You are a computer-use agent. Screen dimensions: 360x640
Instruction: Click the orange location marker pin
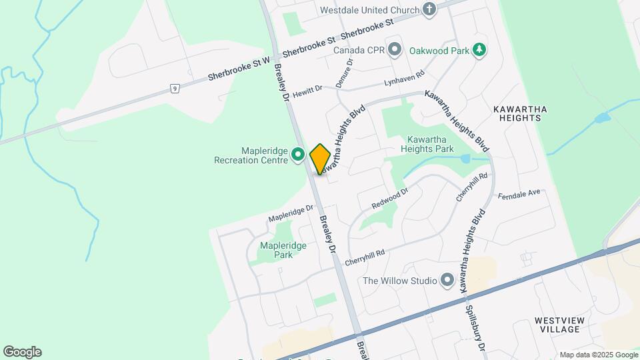coord(320,159)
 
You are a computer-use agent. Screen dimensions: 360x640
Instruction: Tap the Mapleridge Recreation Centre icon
coord(299,155)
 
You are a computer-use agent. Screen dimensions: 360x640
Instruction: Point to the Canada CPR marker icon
coord(395,49)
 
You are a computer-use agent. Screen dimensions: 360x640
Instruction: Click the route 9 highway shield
coord(175,88)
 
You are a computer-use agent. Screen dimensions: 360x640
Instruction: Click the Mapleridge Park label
coord(283,250)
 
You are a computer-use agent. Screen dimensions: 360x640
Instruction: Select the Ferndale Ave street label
coord(519,195)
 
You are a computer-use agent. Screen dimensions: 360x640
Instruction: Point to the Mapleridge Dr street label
coord(291,213)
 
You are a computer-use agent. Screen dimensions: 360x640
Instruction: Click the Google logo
coord(22,352)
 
